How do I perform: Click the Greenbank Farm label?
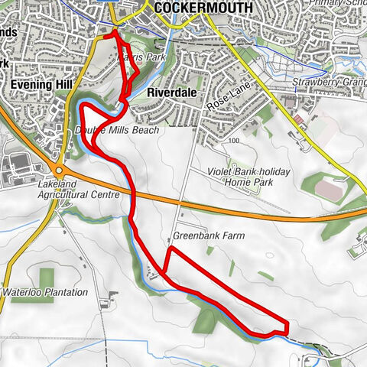[208, 236]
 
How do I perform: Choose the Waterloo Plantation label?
[57, 292]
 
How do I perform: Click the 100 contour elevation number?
[234, 141]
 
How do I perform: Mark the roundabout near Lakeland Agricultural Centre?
[57, 169]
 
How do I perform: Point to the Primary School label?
[336, 4]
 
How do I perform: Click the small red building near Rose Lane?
[297, 120]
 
